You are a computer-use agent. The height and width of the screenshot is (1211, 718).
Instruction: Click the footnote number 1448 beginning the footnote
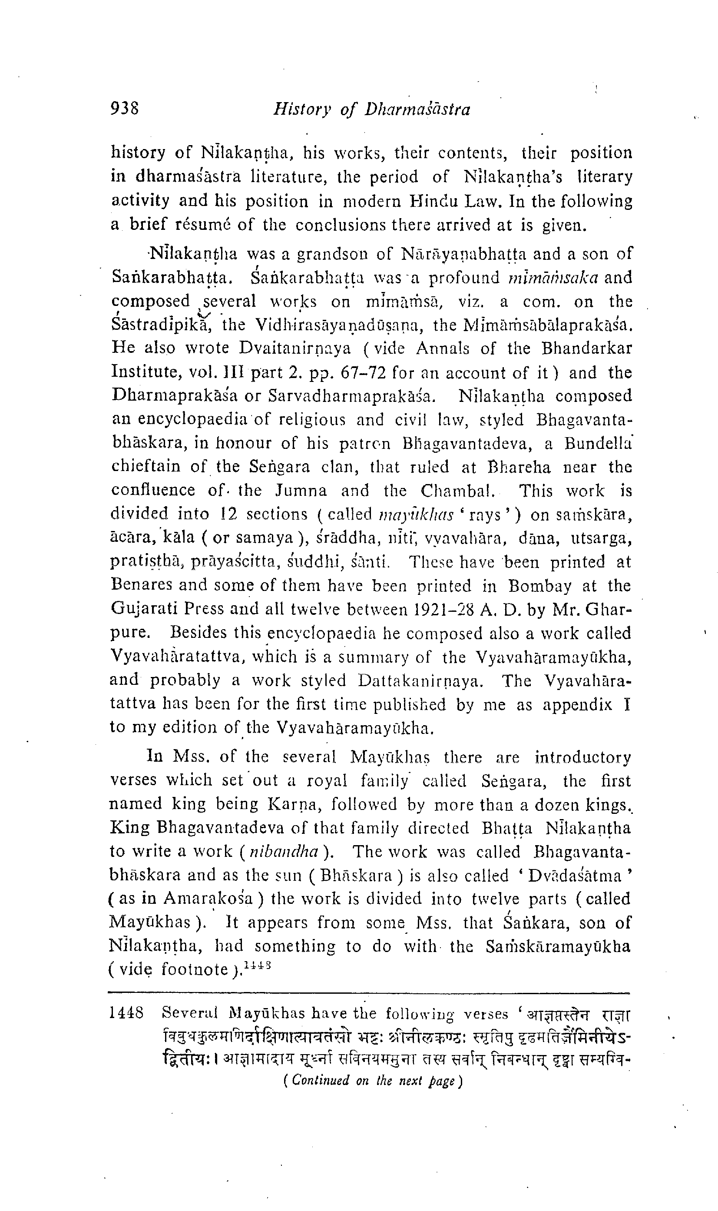click(x=127, y=1012)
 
